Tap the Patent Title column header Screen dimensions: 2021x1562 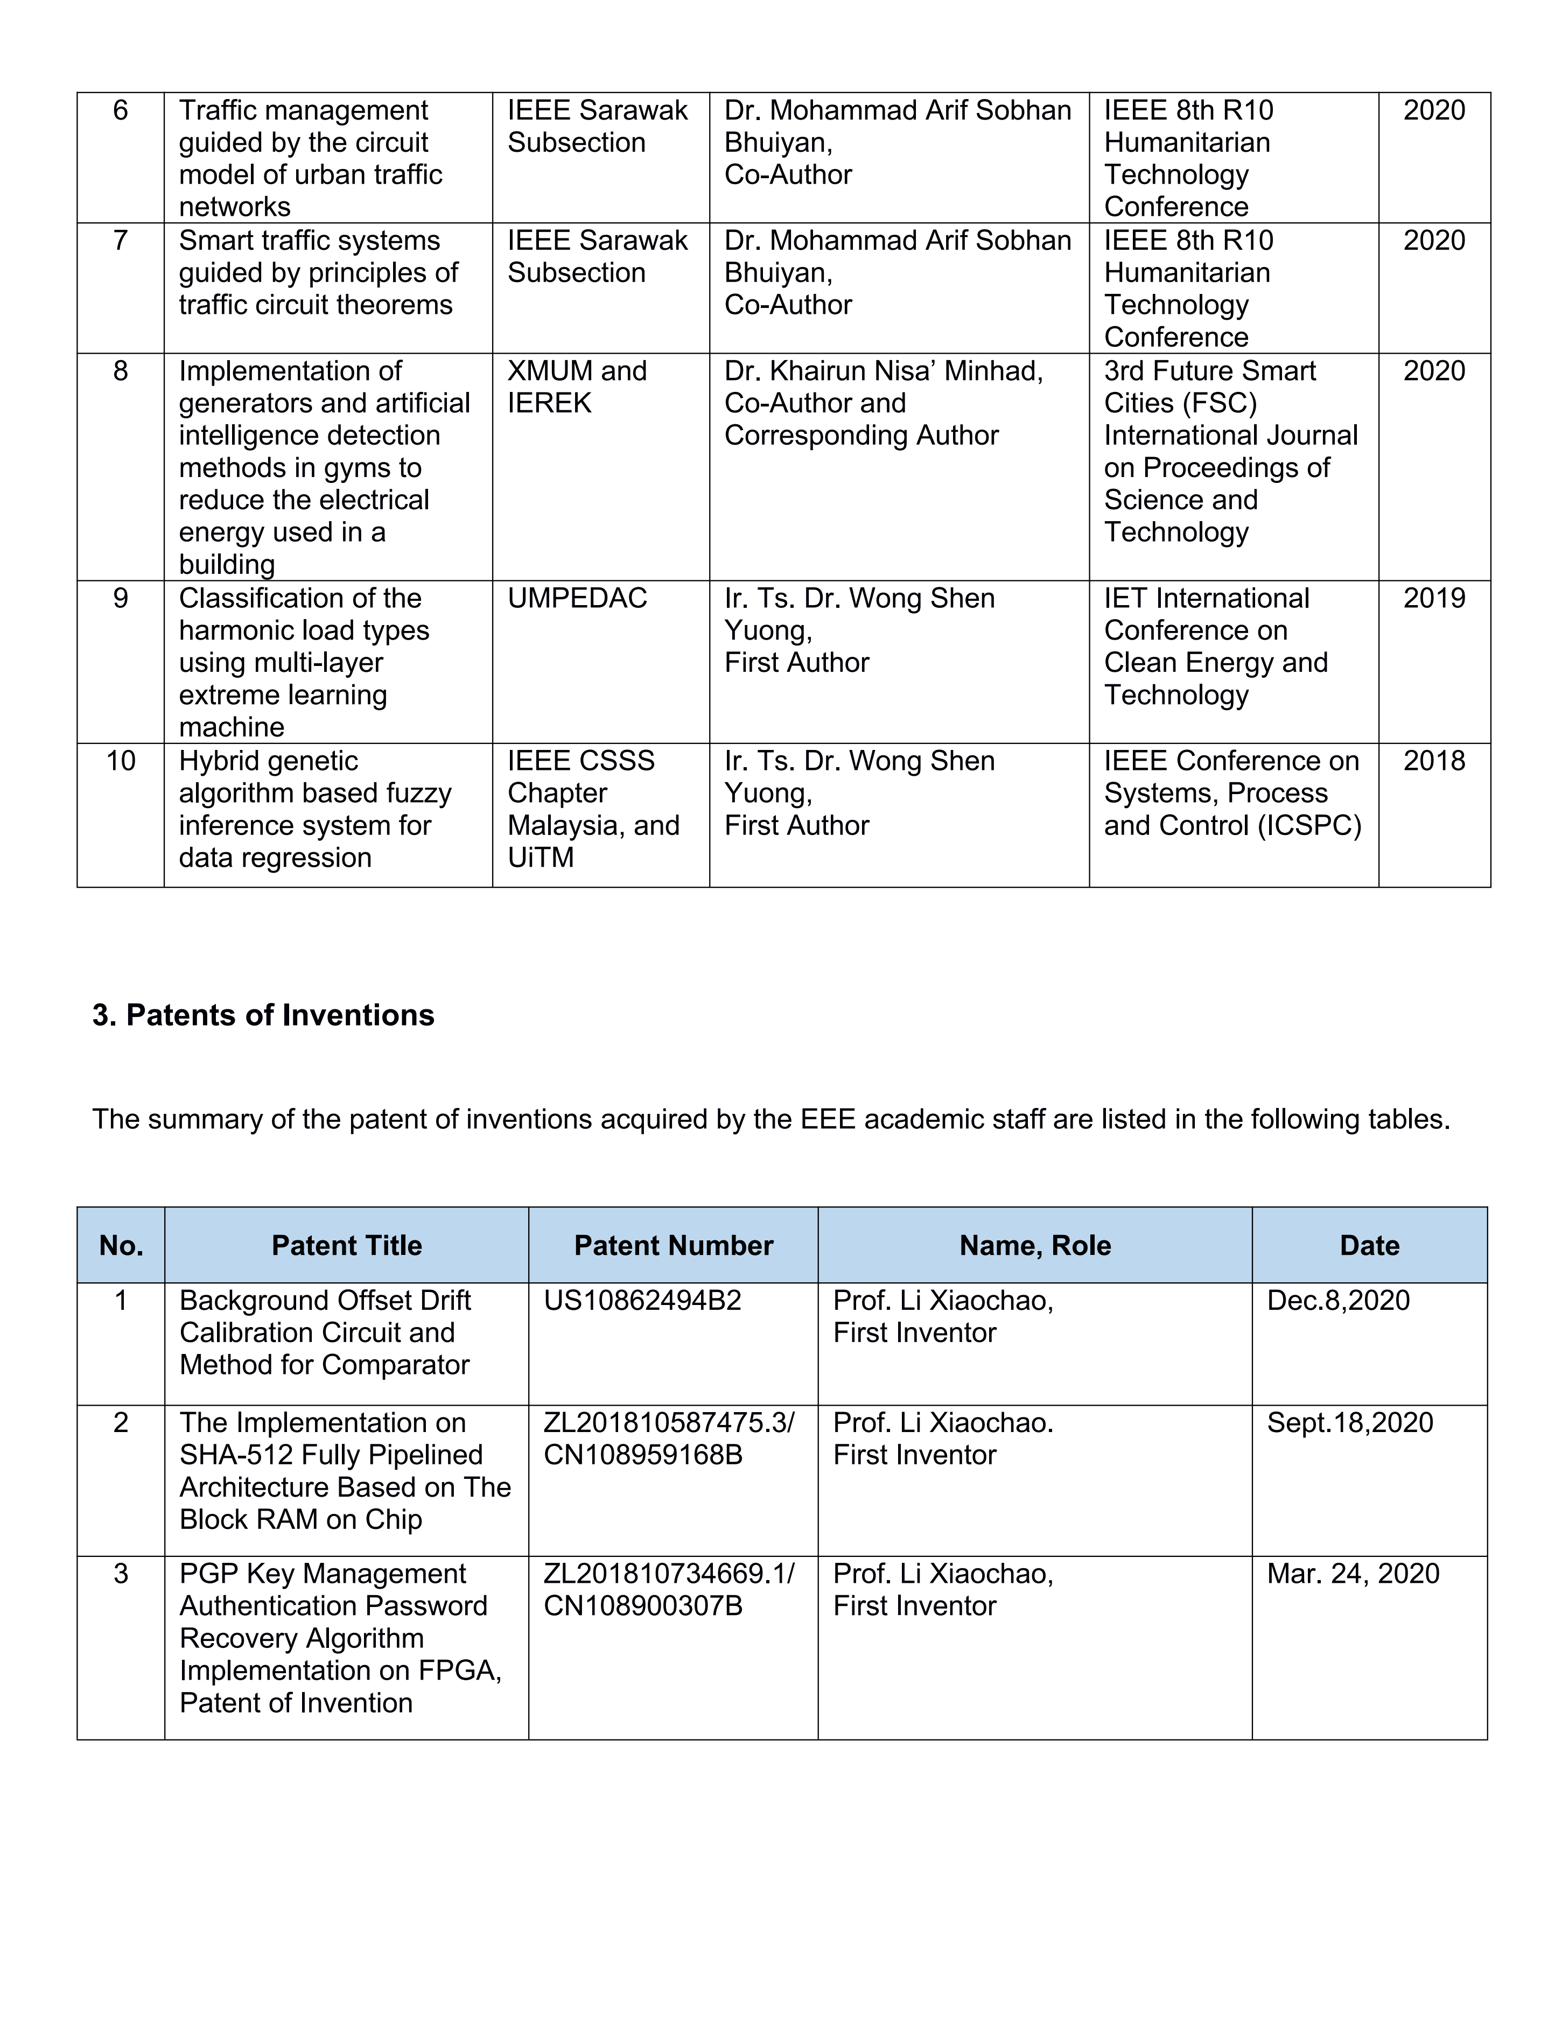346,1246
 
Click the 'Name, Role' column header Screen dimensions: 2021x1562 1034,1246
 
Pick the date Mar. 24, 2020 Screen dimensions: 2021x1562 1353,1574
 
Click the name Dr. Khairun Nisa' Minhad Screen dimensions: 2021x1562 883,371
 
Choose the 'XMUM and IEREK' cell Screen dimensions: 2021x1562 577,387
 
